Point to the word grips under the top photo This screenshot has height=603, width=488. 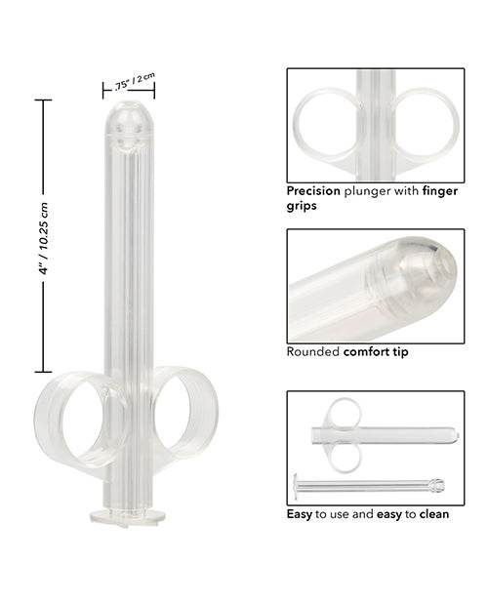pos(304,207)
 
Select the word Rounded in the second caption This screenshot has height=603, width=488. pos(312,351)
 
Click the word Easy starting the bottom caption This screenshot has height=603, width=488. pos(300,513)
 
